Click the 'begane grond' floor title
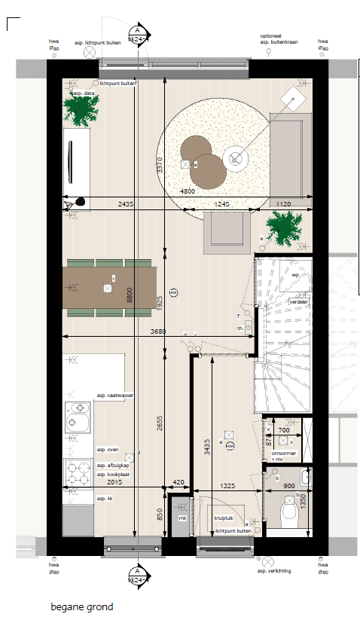pyautogui.click(x=82, y=606)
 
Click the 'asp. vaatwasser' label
pyautogui.click(x=114, y=395)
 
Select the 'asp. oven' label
pyautogui.click(x=108, y=449)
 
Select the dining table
pyautogui.click(x=110, y=288)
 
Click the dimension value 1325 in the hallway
pyautogui.click(x=227, y=487)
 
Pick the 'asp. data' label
pyautogui.click(x=84, y=93)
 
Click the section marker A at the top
pyautogui.click(x=138, y=32)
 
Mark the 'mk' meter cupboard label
pyautogui.click(x=182, y=518)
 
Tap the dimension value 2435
pyautogui.click(x=126, y=203)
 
